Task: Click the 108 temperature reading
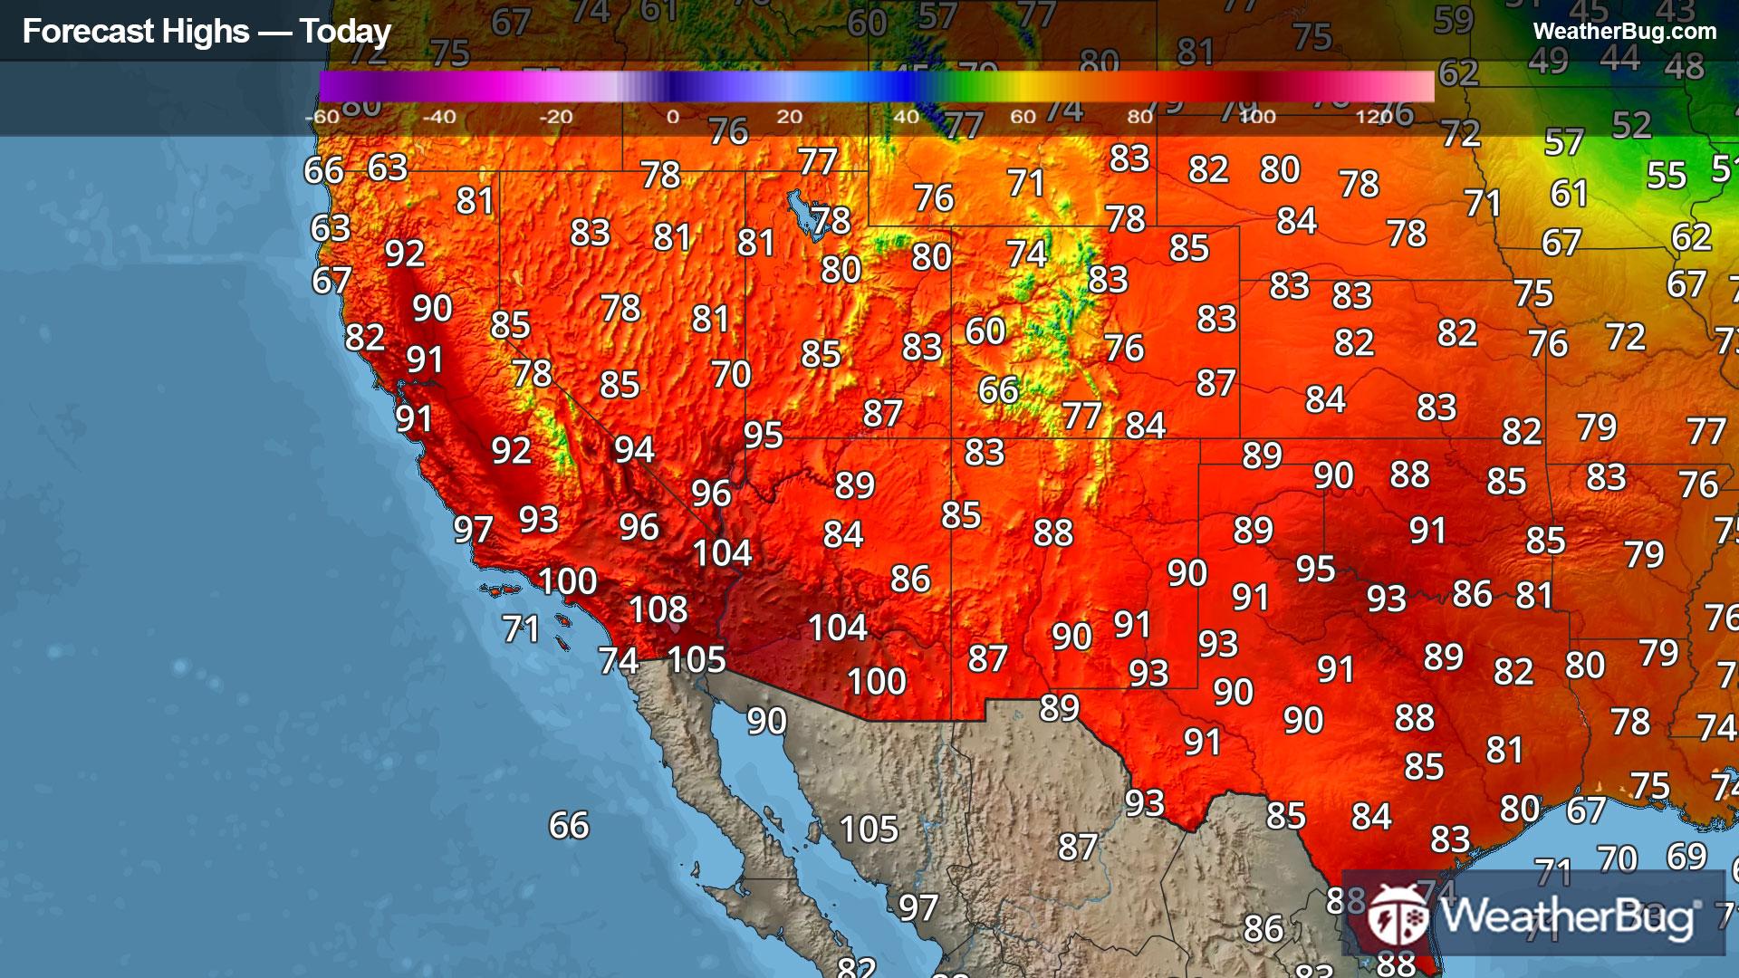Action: pyautogui.click(x=658, y=609)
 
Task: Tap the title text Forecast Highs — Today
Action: pyautogui.click(x=207, y=32)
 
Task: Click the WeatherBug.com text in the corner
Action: pyautogui.click(x=1624, y=32)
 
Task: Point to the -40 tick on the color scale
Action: pyautogui.click(x=439, y=117)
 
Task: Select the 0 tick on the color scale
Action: pyautogui.click(x=672, y=117)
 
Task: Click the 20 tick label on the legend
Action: pyautogui.click(x=789, y=117)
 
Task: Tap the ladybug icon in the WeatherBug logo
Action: pyautogui.click(x=1398, y=915)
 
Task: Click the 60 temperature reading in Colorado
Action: pyautogui.click(x=985, y=331)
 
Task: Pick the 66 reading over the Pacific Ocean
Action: pyautogui.click(x=569, y=825)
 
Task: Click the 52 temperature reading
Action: pyautogui.click(x=1631, y=126)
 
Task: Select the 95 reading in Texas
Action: pyautogui.click(x=1315, y=569)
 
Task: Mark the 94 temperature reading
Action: pyautogui.click(x=634, y=449)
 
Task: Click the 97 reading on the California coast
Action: pyautogui.click(x=473, y=530)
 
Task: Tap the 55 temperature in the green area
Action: pyautogui.click(x=1666, y=176)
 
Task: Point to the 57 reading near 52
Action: pyautogui.click(x=1564, y=143)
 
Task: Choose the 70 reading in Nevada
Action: pyautogui.click(x=730, y=374)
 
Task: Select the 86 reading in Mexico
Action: pyautogui.click(x=1263, y=928)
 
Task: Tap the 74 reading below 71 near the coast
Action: pyautogui.click(x=619, y=661)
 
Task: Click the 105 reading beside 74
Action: pyautogui.click(x=697, y=660)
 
